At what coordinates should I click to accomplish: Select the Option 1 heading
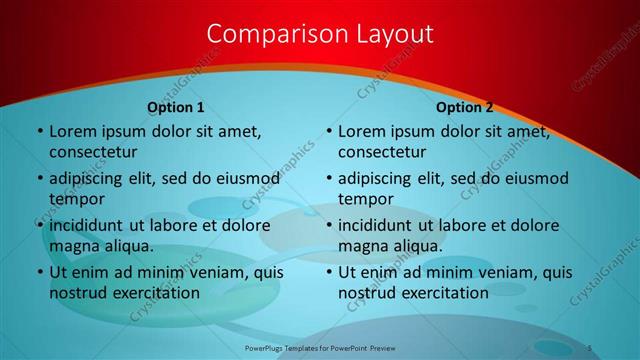click(x=176, y=107)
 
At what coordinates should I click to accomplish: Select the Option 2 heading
click(x=465, y=107)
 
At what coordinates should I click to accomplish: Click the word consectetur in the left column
click(x=93, y=152)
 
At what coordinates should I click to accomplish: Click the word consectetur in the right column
click(x=383, y=152)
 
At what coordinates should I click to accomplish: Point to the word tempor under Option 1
click(x=76, y=199)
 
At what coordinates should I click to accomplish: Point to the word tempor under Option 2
click(x=366, y=199)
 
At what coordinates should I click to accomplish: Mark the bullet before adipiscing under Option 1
click(x=38, y=179)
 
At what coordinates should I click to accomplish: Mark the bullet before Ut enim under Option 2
click(x=328, y=272)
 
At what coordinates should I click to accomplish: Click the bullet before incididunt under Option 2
click(x=328, y=225)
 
